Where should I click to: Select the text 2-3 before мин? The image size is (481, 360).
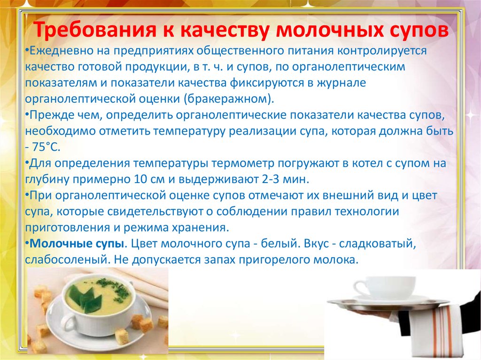(x=271, y=179)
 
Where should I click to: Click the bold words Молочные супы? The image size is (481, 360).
(x=77, y=244)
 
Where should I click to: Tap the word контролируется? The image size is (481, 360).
(x=382, y=51)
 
